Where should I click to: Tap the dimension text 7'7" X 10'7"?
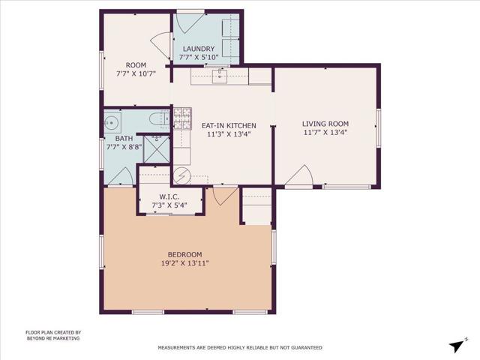point(136,73)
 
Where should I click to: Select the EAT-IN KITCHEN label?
point(229,125)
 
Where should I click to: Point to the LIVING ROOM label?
point(325,124)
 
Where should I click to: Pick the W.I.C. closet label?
point(168,196)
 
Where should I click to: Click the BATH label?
point(124,139)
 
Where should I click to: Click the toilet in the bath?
point(157,119)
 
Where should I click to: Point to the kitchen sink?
point(219,74)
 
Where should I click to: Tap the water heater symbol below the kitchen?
point(181,177)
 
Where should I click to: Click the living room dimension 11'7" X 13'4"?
point(325,133)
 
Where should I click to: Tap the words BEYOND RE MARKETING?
point(52,339)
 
